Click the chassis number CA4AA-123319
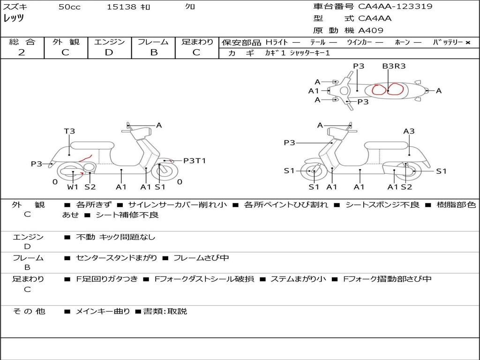(395, 7)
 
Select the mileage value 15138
(121, 7)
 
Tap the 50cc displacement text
(69, 7)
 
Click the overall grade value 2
(22, 52)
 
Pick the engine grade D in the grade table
(109, 52)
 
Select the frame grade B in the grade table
(154, 52)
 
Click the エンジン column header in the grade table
(109, 42)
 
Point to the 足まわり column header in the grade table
(197, 42)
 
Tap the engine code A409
(371, 30)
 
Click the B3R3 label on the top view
(394, 66)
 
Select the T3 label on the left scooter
(69, 131)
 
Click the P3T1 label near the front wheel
(195, 161)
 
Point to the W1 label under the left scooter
(73, 187)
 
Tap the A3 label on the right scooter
(409, 131)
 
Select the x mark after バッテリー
(467, 43)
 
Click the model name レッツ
(14, 19)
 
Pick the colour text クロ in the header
(190, 7)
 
